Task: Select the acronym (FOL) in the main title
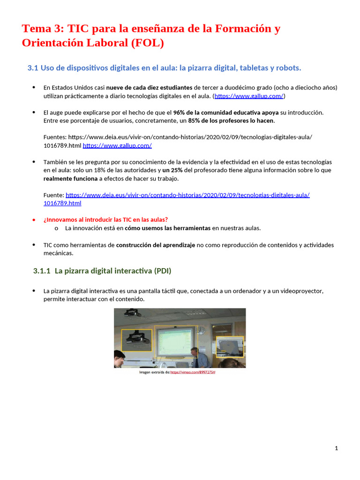(147, 43)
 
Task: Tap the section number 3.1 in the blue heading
(32, 68)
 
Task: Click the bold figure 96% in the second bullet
(180, 112)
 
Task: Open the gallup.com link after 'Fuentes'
(117, 145)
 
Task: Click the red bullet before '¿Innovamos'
(34, 219)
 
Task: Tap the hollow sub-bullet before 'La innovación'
(56, 228)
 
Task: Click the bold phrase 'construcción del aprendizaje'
(156, 245)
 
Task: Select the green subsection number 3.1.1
(42, 271)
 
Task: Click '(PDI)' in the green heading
(162, 271)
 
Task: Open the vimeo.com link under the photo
(193, 372)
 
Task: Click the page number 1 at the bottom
(336, 448)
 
